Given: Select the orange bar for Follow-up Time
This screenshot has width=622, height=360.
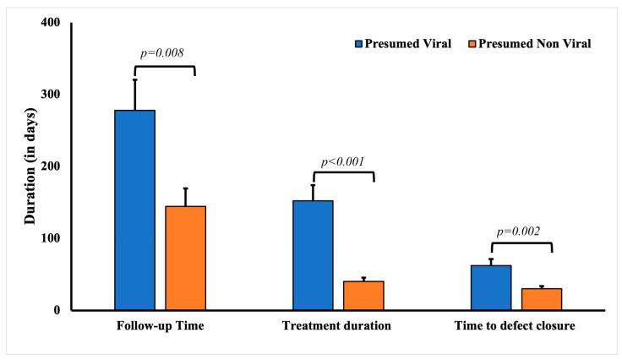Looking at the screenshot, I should (185, 258).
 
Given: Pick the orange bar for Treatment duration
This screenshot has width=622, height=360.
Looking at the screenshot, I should (363, 295).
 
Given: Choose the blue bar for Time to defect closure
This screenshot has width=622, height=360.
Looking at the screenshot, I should (491, 287).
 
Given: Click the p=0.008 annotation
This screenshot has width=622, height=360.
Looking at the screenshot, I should (162, 52).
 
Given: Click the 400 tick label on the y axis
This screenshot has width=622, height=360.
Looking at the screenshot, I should (50, 22).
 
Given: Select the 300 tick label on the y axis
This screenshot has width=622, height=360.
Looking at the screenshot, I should (50, 94).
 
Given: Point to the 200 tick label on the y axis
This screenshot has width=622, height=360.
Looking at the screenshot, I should (50, 166).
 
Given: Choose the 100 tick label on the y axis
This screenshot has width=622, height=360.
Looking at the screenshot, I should (50, 238).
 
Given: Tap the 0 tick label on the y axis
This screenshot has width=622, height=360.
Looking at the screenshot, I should (57, 310).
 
